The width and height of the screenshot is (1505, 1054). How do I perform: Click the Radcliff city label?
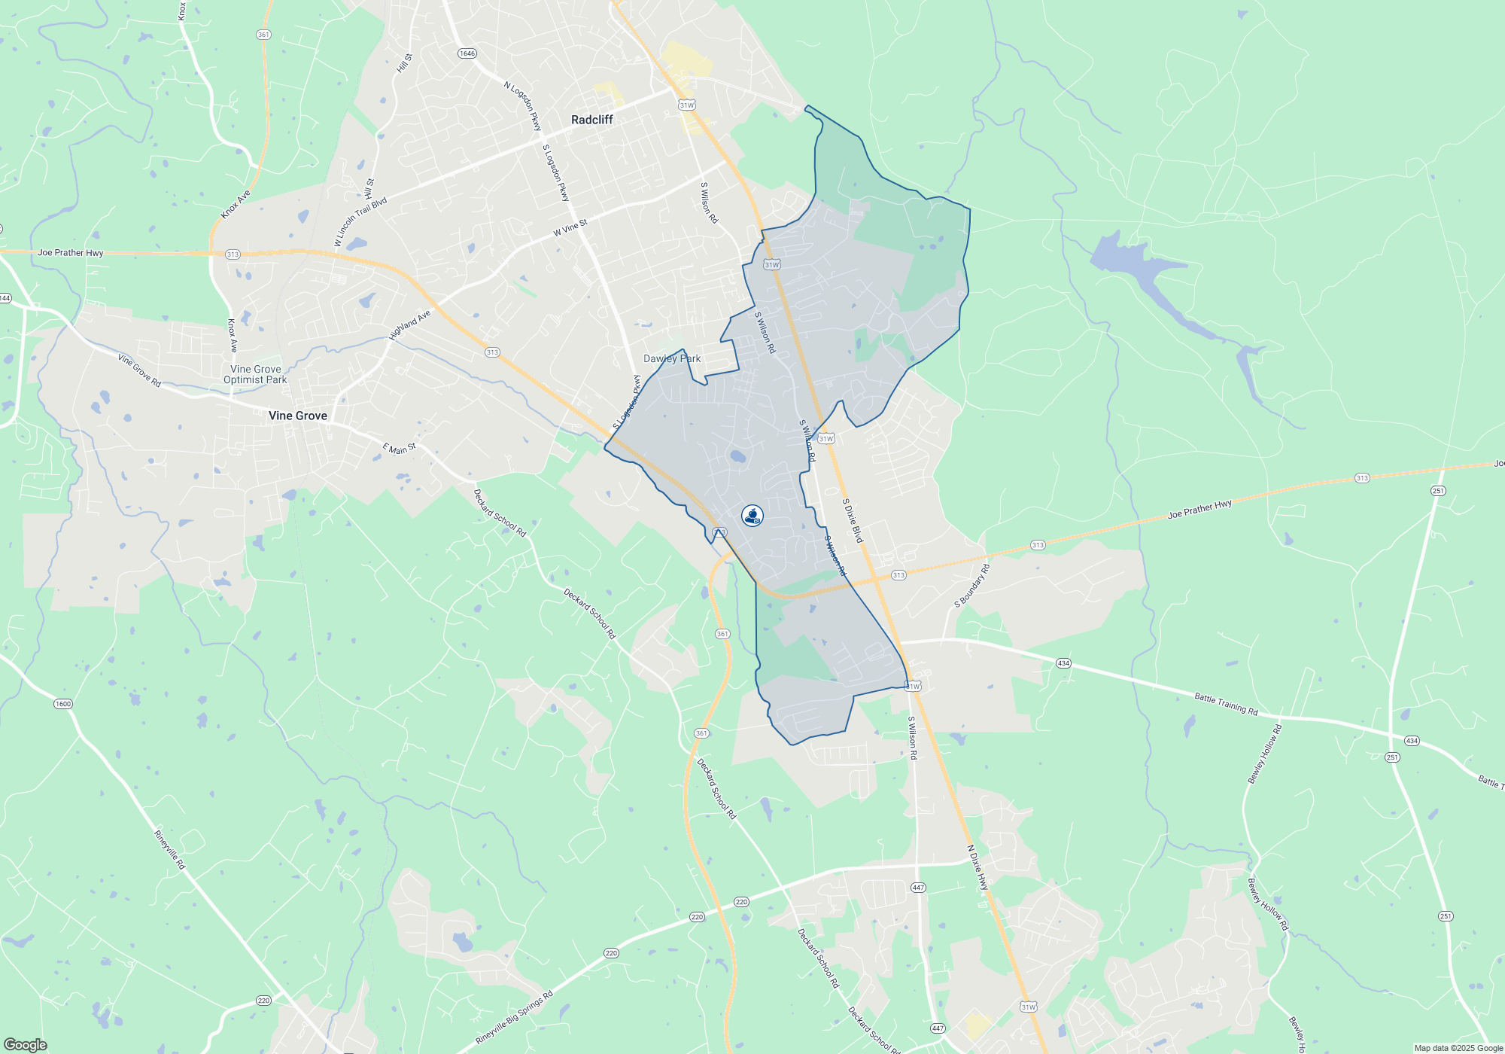(x=591, y=120)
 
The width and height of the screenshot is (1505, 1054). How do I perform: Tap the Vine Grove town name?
(x=298, y=416)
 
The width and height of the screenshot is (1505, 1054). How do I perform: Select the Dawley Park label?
(x=671, y=358)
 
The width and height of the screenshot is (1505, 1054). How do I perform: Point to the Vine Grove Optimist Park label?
(x=255, y=374)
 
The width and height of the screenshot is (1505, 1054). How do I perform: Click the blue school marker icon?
(x=752, y=516)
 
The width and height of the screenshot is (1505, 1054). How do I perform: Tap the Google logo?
(x=25, y=1044)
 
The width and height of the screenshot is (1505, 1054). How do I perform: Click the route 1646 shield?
(x=467, y=53)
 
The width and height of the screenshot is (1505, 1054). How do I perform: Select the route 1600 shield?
(x=62, y=704)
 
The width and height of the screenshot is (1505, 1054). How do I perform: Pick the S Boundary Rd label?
(x=972, y=586)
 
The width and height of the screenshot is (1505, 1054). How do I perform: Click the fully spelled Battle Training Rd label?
(x=1226, y=704)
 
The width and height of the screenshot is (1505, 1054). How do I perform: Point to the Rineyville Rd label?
(x=169, y=850)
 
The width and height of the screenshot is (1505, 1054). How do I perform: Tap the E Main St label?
(x=399, y=449)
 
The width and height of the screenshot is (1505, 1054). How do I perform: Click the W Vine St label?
(x=570, y=227)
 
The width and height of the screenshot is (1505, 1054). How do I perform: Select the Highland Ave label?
(x=409, y=325)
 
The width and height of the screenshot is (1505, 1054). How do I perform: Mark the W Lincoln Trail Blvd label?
(x=361, y=221)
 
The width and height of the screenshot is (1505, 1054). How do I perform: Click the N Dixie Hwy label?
(x=977, y=868)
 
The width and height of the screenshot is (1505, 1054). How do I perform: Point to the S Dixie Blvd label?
(x=853, y=520)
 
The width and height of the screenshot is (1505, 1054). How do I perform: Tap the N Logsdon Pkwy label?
(x=523, y=107)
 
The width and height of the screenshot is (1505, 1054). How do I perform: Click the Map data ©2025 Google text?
(x=1458, y=1048)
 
